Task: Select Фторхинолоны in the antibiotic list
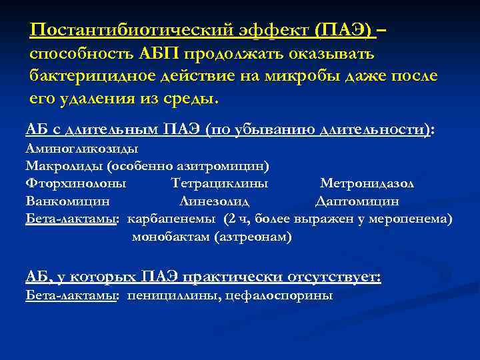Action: point(75,183)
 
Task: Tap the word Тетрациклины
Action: point(219,183)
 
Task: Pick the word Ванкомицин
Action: point(67,200)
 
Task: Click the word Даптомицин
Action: point(357,200)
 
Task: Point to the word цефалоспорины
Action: point(281,295)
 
